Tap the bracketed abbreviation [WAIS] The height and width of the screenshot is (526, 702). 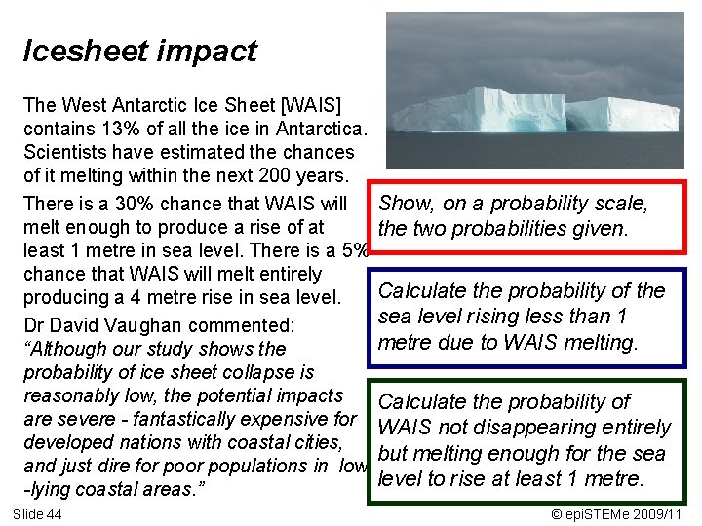pyautogui.click(x=297, y=104)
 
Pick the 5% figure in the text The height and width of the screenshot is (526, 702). pyautogui.click(x=357, y=251)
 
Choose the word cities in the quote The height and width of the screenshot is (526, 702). pyautogui.click(x=315, y=443)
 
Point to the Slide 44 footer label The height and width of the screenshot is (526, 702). pyautogui.click(x=37, y=513)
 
